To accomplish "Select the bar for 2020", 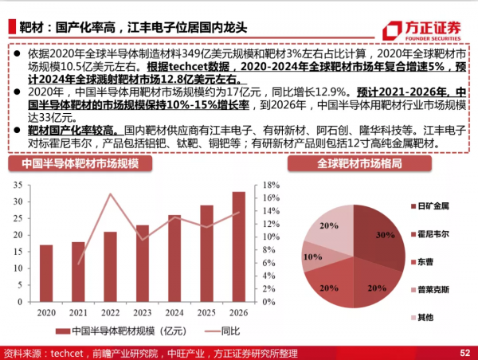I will (46, 274).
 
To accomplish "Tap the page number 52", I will (465, 352).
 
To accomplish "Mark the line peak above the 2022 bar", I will (110, 194).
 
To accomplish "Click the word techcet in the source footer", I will (69, 352).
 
